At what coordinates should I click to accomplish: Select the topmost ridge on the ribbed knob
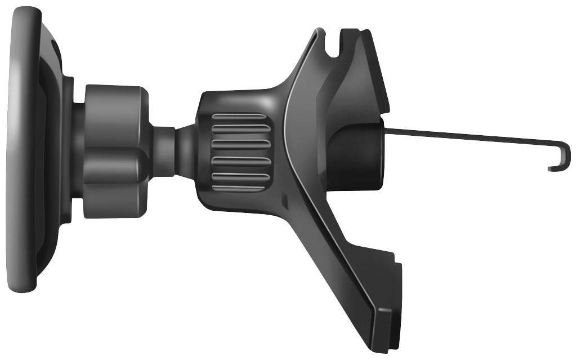pyautogui.click(x=239, y=121)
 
